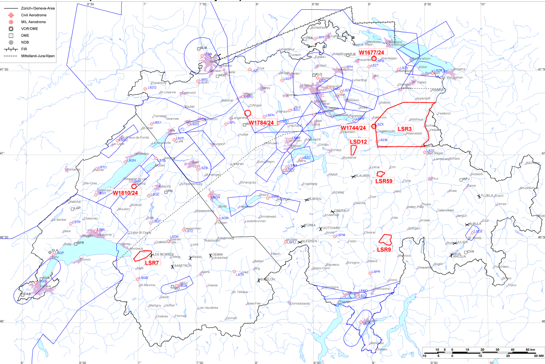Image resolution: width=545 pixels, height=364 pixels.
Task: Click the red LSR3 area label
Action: [404, 129]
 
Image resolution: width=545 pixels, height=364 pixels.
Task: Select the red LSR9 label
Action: [384, 249]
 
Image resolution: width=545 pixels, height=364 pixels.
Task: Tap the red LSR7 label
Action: [152, 263]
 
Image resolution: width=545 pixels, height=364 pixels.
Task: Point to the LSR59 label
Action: [384, 181]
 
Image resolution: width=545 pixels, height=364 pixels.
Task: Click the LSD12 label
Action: [358, 141]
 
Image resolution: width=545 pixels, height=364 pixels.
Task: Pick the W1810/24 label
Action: [126, 193]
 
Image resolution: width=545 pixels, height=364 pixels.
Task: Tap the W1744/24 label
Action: [353, 128]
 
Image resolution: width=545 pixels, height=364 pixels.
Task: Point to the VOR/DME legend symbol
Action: [11, 29]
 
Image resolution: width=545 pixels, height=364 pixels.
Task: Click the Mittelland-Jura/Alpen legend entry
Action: [39, 56]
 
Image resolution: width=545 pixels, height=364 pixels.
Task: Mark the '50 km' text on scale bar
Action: [529, 349]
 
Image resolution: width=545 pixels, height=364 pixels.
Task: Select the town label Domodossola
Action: [300, 303]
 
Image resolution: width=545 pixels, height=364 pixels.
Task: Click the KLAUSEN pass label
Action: [362, 176]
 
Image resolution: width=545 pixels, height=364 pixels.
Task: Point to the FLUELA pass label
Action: [488, 195]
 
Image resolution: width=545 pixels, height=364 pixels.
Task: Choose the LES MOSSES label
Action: [163, 255]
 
